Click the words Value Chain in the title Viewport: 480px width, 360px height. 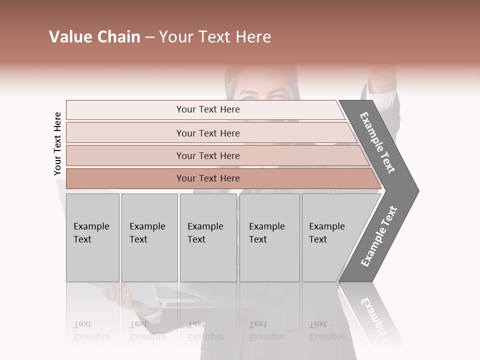(x=94, y=37)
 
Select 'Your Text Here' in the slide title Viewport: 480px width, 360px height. (x=215, y=37)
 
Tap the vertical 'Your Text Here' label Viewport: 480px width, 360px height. (x=57, y=143)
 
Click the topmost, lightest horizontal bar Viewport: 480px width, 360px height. (x=205, y=109)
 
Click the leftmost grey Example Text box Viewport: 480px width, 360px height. (x=92, y=237)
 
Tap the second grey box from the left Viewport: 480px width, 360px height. (x=149, y=237)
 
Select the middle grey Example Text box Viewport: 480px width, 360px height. (x=208, y=237)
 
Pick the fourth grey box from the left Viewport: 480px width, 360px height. (x=269, y=237)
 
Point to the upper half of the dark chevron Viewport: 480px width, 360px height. (x=378, y=142)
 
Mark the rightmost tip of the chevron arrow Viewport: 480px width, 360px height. (x=417, y=190)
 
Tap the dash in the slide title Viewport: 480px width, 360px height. (x=149, y=37)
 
